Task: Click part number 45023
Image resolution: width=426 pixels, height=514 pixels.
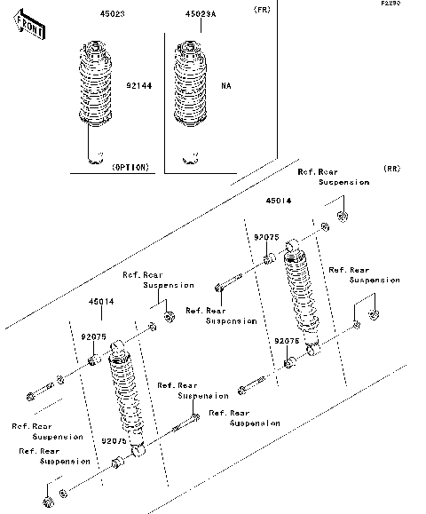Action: pyautogui.click(x=94, y=15)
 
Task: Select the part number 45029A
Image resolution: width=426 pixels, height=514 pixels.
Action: pyautogui.click(x=200, y=15)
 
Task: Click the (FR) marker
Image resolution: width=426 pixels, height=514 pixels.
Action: pyautogui.click(x=263, y=10)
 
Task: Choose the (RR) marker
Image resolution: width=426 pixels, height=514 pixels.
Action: pyautogui.click(x=391, y=168)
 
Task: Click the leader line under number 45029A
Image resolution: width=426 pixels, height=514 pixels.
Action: pyautogui.click(x=200, y=28)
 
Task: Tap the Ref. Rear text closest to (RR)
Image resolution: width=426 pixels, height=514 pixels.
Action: pyautogui.click(x=317, y=171)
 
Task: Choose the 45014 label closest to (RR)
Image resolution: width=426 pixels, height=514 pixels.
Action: pyautogui.click(x=278, y=202)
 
